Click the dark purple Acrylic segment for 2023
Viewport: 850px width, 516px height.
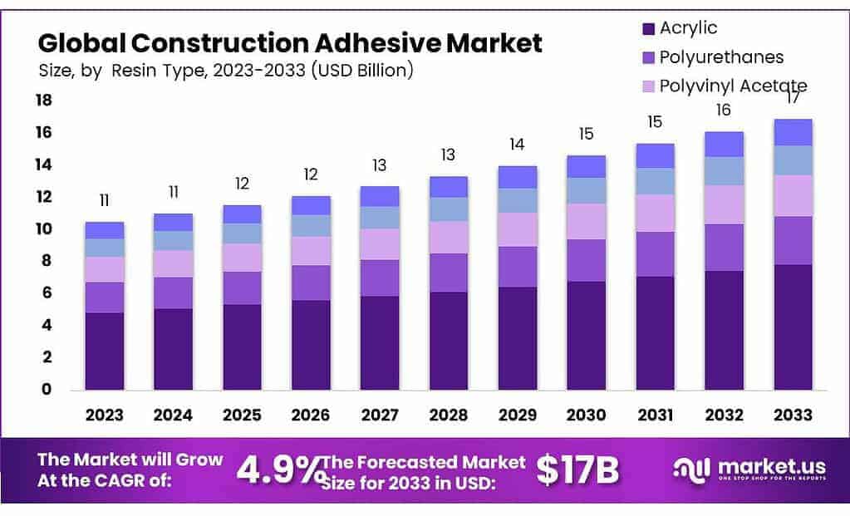(105, 351)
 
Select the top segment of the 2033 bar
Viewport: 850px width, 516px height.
(792, 132)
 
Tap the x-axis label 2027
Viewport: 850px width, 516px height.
(379, 415)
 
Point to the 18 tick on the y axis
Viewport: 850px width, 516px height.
(42, 101)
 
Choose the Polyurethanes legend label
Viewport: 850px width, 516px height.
(721, 57)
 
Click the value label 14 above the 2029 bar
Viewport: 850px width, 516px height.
(517, 145)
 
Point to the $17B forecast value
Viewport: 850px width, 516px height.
(577, 470)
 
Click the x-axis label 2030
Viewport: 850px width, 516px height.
(586, 415)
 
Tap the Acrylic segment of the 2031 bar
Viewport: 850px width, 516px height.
(655, 332)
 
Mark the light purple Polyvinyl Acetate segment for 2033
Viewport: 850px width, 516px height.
(792, 195)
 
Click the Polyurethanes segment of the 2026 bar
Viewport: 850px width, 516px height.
(311, 283)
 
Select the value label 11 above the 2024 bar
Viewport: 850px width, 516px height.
(174, 193)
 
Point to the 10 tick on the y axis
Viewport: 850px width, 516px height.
(42, 229)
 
